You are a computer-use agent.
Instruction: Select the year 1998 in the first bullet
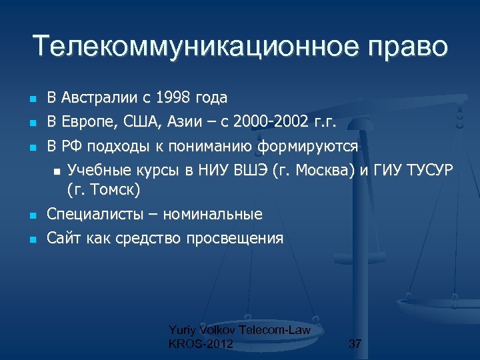click(173, 98)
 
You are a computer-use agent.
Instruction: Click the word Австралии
click(99, 98)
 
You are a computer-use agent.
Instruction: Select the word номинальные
click(217, 215)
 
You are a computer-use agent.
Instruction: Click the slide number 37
click(355, 344)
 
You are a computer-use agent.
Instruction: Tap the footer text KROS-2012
click(201, 344)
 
